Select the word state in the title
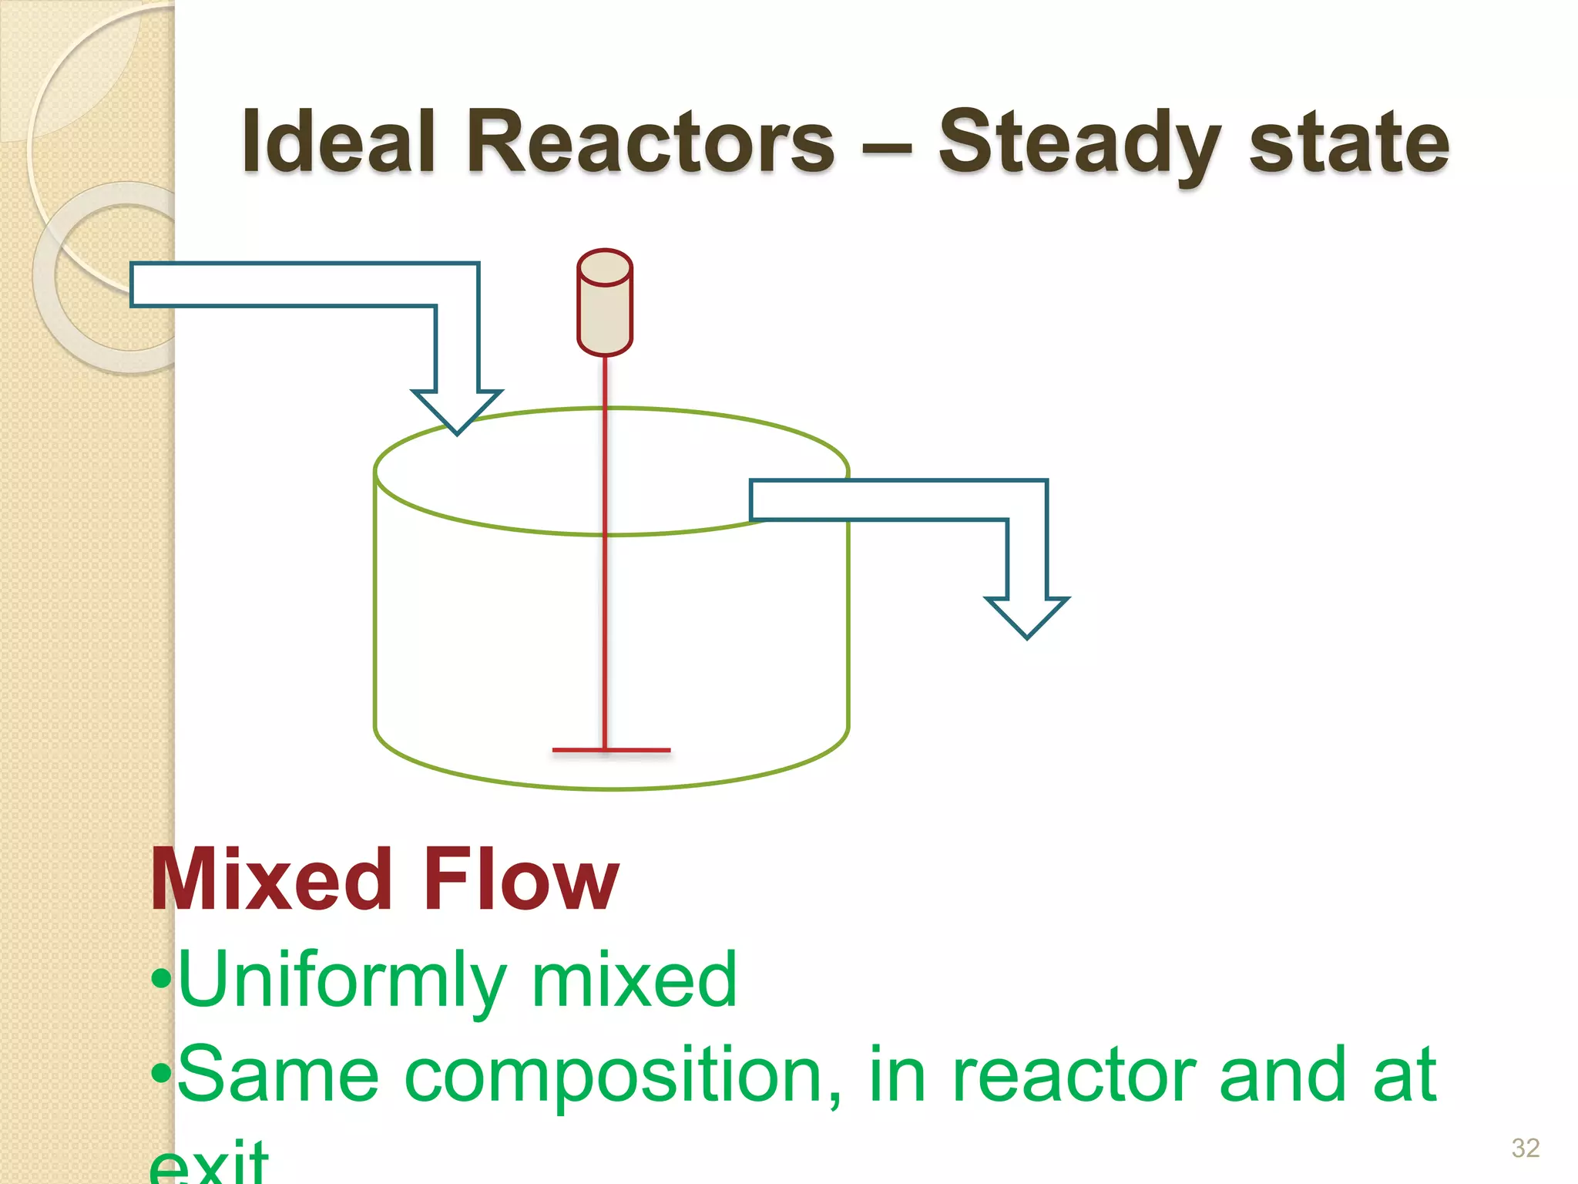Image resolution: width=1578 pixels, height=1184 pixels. click(1348, 143)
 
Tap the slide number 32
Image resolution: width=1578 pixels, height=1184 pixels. click(1525, 1148)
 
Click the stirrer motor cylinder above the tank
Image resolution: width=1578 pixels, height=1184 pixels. click(605, 303)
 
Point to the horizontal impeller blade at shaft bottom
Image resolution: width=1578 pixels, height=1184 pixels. click(611, 749)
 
